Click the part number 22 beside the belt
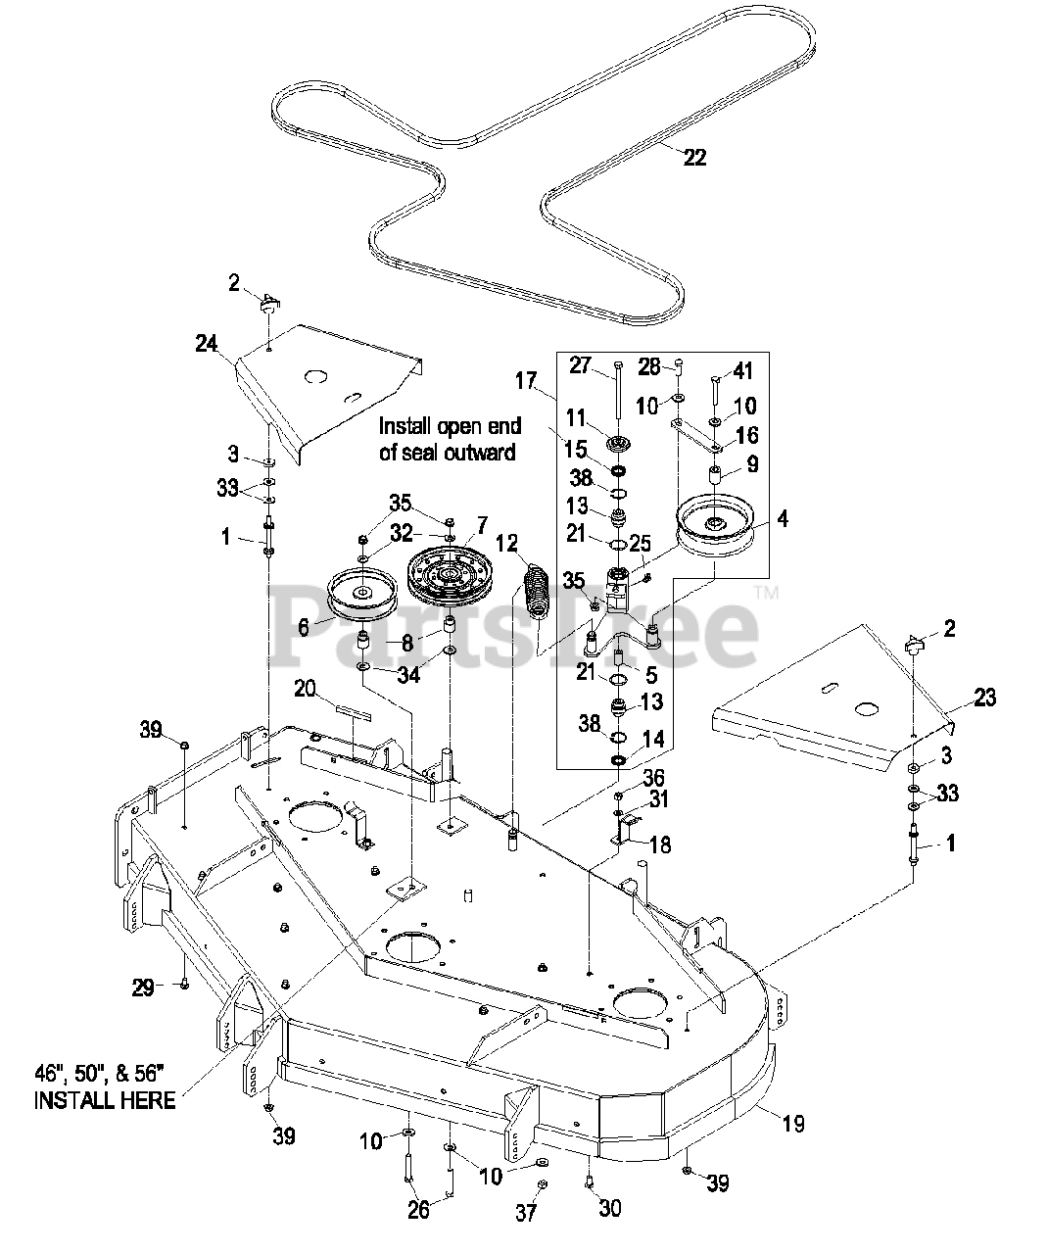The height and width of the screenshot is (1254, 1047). pos(695,158)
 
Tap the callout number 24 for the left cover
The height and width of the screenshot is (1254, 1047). pos(207,344)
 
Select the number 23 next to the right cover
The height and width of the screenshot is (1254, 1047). pos(984,698)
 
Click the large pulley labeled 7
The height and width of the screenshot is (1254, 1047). pos(450,578)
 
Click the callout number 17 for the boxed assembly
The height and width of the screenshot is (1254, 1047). pos(527,381)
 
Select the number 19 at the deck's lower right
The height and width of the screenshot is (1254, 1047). pos(793,1124)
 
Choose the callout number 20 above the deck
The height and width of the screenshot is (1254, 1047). pos(305,689)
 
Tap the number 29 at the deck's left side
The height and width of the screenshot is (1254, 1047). pos(143,988)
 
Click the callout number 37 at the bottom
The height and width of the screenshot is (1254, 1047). pos(526,1213)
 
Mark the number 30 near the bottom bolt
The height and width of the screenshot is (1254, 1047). pos(609,1208)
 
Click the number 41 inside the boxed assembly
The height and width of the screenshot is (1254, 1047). pos(743,371)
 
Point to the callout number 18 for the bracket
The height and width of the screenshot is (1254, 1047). pos(660,844)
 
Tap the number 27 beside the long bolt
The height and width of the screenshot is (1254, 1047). pos(580,365)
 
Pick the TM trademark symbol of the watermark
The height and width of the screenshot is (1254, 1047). pos(767,594)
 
